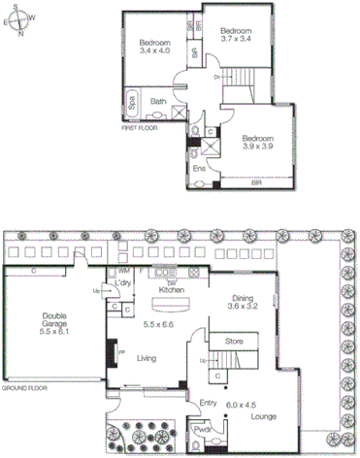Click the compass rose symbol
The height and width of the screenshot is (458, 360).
click(x=20, y=20)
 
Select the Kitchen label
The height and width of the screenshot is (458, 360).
click(x=172, y=290)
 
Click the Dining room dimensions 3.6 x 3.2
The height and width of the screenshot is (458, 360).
click(x=245, y=309)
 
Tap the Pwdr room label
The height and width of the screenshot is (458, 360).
click(x=203, y=428)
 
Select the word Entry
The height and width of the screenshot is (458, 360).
click(x=208, y=404)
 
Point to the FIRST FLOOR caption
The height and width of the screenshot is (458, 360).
click(x=140, y=127)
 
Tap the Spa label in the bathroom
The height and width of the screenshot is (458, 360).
click(x=130, y=101)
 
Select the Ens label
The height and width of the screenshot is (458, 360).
click(x=199, y=168)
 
